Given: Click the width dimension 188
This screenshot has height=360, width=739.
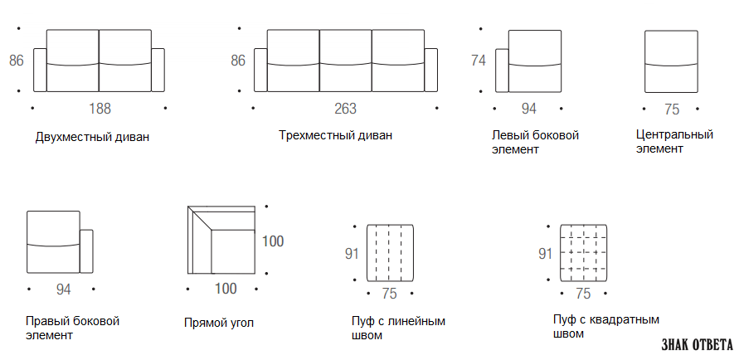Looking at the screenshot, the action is click(100, 109).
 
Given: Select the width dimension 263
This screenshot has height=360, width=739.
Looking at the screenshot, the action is click(346, 109).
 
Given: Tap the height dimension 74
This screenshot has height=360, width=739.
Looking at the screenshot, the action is click(479, 61).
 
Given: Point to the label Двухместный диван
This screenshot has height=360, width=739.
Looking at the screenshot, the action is click(92, 137).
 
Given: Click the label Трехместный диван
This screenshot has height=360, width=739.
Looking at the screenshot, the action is click(335, 135).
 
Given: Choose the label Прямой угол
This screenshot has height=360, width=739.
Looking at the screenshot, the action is click(219, 323).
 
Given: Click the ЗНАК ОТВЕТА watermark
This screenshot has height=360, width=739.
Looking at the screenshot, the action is click(698, 344).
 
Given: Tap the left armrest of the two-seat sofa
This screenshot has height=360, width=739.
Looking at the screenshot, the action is click(40, 70).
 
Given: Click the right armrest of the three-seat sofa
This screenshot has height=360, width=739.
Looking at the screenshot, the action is click(430, 70).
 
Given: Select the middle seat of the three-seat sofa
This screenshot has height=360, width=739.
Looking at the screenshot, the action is click(346, 61).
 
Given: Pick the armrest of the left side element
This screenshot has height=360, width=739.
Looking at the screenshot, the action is click(502, 71).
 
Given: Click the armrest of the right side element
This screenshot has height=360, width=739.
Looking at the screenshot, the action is click(86, 251).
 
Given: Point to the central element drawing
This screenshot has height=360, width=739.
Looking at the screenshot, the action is click(671, 61).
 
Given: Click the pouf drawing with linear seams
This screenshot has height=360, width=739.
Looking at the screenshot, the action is click(391, 253).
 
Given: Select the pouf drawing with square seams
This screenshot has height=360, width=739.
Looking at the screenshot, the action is click(583, 253).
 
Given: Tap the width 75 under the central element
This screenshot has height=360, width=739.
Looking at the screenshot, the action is click(672, 109).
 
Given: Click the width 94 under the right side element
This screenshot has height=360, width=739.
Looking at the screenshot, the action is click(63, 289).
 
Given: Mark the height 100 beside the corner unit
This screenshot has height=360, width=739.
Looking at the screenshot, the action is click(273, 241).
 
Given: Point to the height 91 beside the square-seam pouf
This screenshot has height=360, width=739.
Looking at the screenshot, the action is click(545, 254).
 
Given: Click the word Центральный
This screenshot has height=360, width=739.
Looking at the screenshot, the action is click(674, 134).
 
